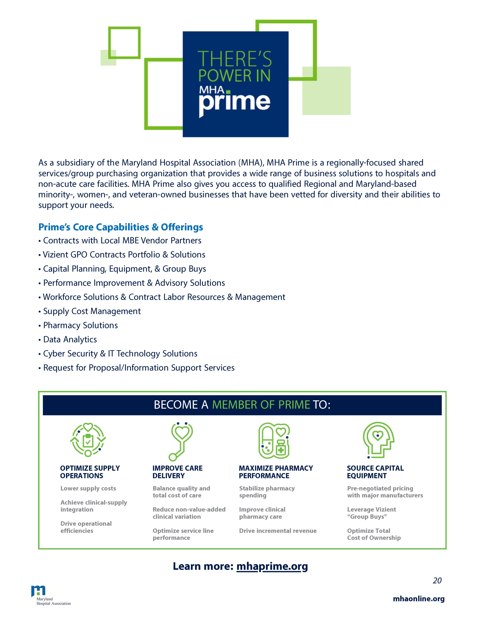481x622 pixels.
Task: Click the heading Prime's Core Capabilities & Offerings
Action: [121, 227]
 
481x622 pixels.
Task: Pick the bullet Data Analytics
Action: [70, 339]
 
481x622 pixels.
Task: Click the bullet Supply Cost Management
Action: [92, 311]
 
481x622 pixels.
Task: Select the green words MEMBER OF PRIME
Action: [261, 405]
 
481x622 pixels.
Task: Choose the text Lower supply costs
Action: [88, 488]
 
